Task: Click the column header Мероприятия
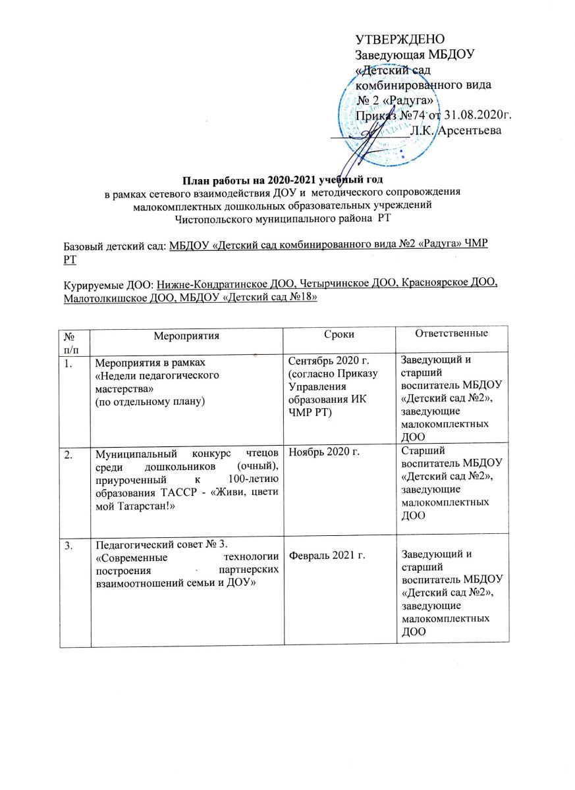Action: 187,334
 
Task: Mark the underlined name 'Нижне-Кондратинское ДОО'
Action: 227,284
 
